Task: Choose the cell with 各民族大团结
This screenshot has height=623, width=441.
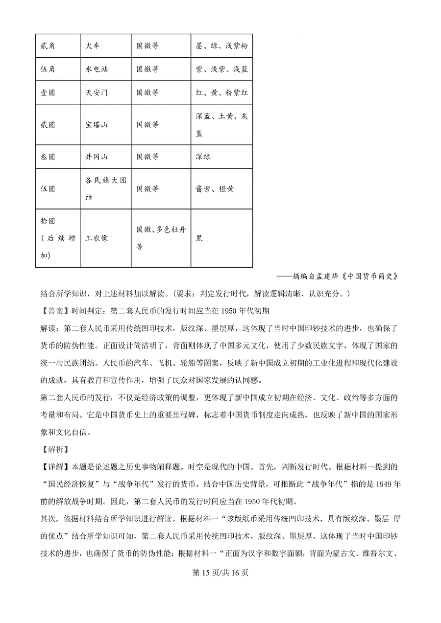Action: [x=105, y=188]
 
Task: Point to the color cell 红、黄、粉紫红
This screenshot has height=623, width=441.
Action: [x=221, y=92]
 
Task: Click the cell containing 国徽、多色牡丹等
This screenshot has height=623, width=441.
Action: [x=160, y=238]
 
